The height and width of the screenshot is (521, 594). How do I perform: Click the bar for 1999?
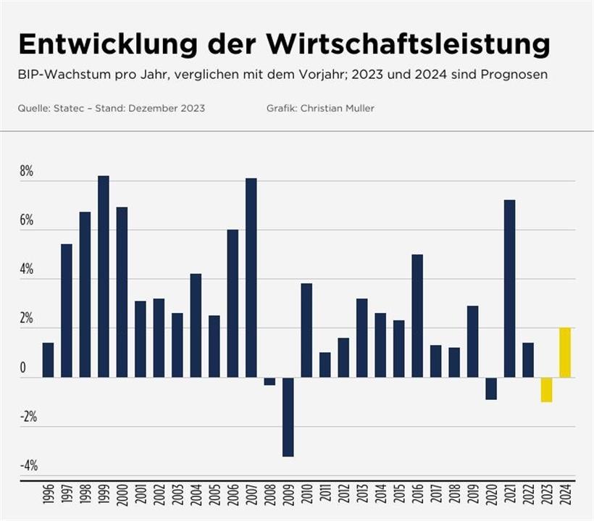[x=104, y=276]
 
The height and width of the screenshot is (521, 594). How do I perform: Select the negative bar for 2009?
[x=288, y=417]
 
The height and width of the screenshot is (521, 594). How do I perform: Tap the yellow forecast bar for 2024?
[x=565, y=352]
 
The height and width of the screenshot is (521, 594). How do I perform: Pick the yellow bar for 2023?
[x=546, y=390]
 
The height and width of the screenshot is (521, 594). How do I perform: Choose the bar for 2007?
[x=251, y=278]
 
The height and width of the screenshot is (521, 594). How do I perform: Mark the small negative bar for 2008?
[x=269, y=381]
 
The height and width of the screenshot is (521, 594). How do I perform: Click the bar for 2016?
[x=417, y=316]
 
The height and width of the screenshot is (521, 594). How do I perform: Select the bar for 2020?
[x=491, y=388]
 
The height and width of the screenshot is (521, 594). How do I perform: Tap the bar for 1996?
[x=48, y=360]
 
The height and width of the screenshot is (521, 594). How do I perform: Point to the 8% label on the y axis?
[x=27, y=172]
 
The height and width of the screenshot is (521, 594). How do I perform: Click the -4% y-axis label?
[x=27, y=466]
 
